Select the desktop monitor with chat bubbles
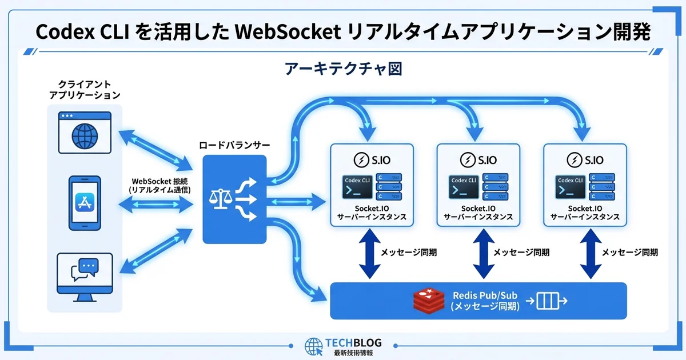(85, 276)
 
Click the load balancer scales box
(234, 198)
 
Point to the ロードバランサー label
(234, 145)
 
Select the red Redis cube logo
(429, 301)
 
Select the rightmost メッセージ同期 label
(629, 252)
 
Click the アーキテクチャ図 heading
(343, 69)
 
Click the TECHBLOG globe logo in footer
(313, 346)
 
